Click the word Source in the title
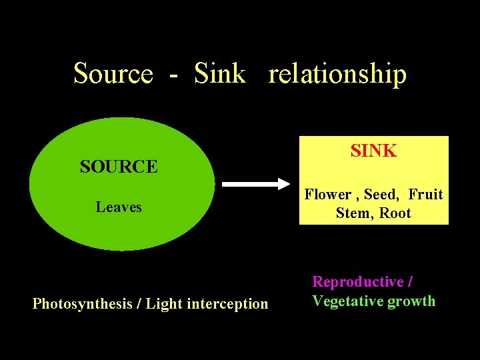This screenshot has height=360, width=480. [113, 73]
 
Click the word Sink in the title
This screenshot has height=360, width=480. [220, 73]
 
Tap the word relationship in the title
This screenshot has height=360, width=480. [337, 75]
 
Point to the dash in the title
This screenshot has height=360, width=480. [173, 75]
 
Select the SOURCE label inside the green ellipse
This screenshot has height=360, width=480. [119, 167]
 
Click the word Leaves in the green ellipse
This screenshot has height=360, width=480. [119, 207]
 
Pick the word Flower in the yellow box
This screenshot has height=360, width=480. [328, 195]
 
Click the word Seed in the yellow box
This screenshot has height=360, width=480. [382, 195]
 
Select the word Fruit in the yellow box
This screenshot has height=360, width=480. [425, 195]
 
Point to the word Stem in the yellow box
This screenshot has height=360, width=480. [354, 214]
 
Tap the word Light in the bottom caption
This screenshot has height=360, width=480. [164, 305]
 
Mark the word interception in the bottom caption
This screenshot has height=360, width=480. [227, 305]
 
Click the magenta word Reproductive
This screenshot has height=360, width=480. [358, 282]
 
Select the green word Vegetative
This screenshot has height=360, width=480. [347, 301]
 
